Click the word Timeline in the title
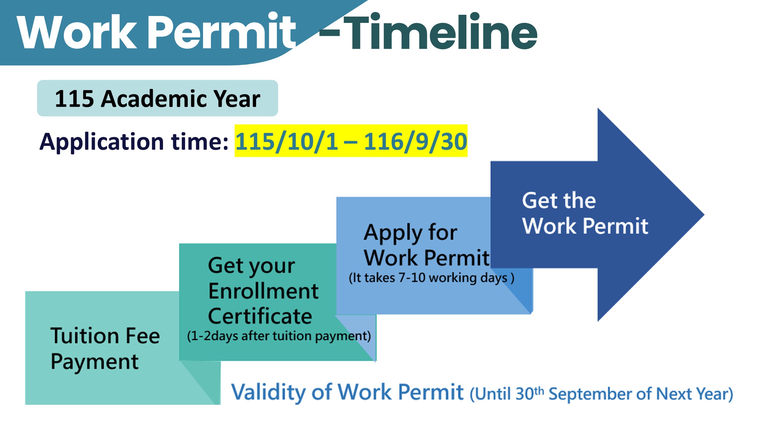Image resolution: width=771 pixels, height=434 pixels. pyautogui.click(x=440, y=31)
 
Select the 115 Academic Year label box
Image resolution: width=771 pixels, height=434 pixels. pyautogui.click(x=157, y=98)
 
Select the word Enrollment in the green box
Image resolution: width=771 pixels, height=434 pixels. pyautogui.click(x=263, y=291)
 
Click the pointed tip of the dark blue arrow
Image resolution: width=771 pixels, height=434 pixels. pyautogui.click(x=704, y=215)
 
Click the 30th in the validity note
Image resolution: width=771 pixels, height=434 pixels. pyautogui.click(x=530, y=393)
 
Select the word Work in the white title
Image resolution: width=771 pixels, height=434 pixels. pyautogui.click(x=78, y=31)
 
